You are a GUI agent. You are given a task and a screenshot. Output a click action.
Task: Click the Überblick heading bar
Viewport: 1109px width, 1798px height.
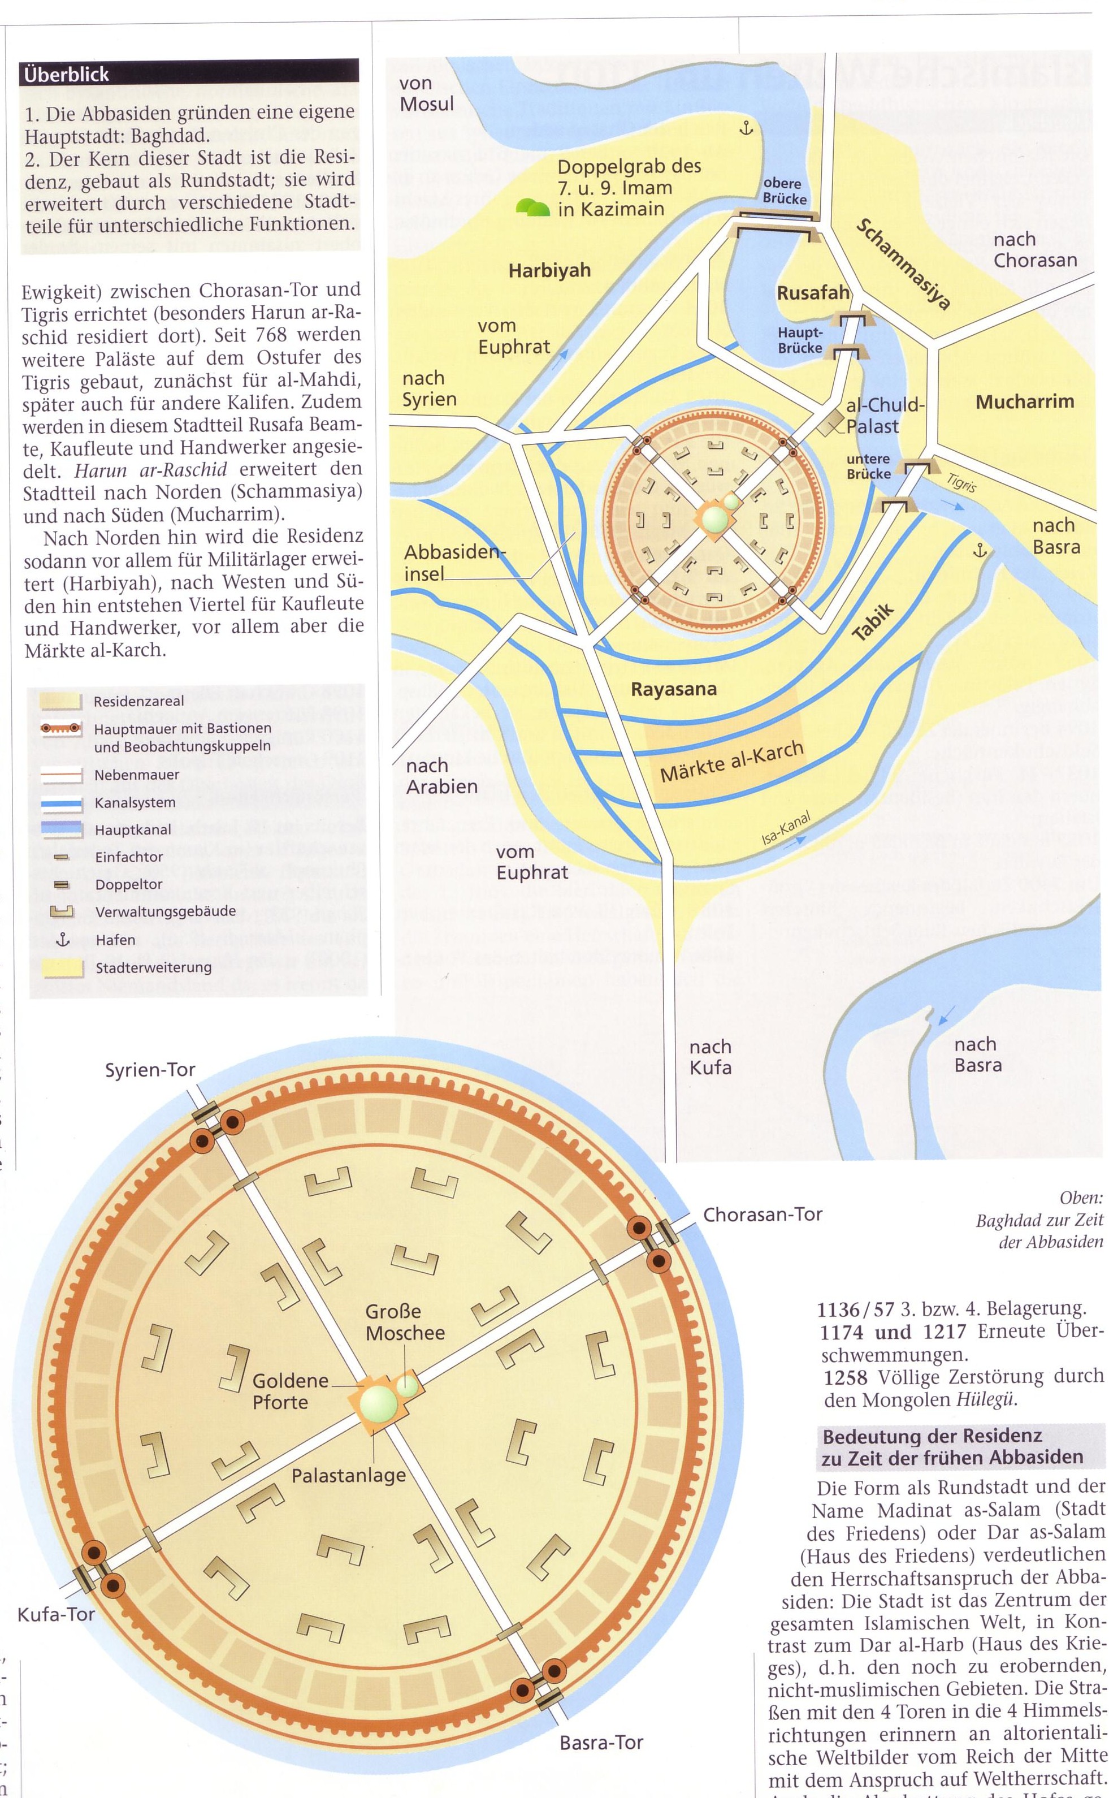point(190,74)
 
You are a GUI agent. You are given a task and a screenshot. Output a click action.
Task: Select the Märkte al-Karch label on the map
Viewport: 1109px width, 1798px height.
point(731,762)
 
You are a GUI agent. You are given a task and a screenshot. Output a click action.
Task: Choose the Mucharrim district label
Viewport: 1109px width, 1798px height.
point(1025,401)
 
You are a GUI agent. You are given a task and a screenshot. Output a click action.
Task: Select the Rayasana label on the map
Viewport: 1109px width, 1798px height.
point(673,689)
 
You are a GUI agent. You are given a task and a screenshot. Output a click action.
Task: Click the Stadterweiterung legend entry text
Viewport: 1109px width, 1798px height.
point(153,967)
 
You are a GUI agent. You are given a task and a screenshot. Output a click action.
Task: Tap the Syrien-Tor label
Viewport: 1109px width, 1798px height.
point(150,1070)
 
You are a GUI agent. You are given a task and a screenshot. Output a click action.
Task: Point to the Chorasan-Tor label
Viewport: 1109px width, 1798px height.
point(763,1214)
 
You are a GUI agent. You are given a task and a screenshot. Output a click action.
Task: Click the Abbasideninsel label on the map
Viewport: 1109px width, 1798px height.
point(455,563)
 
